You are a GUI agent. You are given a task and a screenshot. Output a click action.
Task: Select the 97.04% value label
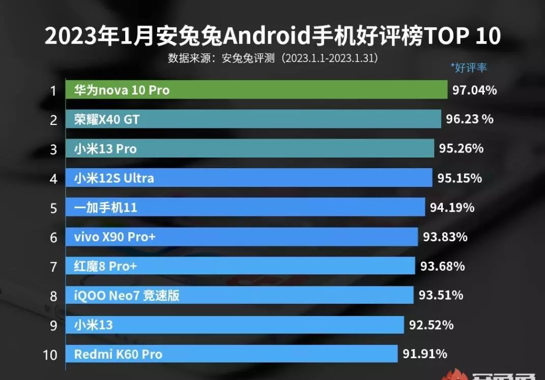pyautogui.click(x=474, y=90)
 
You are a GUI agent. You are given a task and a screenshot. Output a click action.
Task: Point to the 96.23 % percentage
pyautogui.click(x=470, y=119)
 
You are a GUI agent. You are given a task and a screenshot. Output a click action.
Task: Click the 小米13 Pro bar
pyautogui.click(x=249, y=149)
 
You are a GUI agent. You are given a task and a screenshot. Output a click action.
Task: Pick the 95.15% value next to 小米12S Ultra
pyautogui.click(x=460, y=178)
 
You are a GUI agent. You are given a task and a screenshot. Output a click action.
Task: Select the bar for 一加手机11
pyautogui.click(x=245, y=207)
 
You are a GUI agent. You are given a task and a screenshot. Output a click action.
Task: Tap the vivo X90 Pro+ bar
pyautogui.click(x=242, y=237)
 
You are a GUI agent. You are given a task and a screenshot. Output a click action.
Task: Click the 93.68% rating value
pyautogui.click(x=442, y=266)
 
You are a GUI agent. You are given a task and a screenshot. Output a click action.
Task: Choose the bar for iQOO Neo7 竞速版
pyautogui.click(x=239, y=295)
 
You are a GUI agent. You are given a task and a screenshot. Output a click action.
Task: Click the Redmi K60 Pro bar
pyautogui.click(x=231, y=354)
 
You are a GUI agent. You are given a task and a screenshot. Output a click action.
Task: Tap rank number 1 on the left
pyautogui.click(x=53, y=91)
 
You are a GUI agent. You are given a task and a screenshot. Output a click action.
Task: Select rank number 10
pyautogui.click(x=50, y=354)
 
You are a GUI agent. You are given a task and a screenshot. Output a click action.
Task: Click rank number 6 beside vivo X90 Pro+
pyautogui.click(x=53, y=237)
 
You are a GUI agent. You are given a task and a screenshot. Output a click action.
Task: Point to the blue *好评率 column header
pyautogui.click(x=469, y=67)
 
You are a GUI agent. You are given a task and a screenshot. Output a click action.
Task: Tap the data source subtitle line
pyautogui.click(x=273, y=58)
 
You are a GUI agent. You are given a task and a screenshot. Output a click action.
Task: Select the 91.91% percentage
pyautogui.click(x=425, y=354)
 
